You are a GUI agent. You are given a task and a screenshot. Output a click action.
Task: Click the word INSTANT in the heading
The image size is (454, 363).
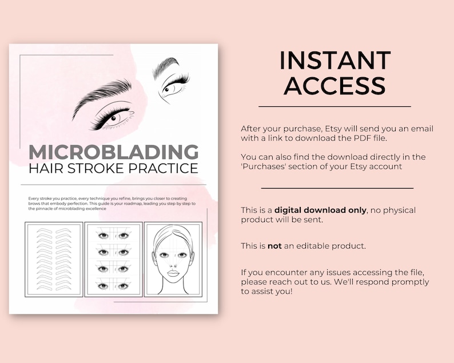[334, 61]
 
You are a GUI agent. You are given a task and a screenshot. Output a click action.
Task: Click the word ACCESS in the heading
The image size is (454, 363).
[334, 85]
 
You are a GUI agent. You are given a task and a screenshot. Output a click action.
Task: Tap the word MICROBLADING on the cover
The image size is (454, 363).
[114, 152]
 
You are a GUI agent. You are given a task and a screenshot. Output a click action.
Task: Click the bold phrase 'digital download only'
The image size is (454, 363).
[320, 210]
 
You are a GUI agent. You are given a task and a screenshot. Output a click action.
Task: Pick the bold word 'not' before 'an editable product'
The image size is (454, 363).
[274, 246]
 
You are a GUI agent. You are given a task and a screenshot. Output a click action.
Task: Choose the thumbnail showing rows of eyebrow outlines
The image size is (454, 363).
[54, 259]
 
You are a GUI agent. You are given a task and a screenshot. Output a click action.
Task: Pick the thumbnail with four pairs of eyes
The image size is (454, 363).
[113, 259]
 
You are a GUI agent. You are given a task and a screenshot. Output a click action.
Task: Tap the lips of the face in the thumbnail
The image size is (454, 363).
[173, 273]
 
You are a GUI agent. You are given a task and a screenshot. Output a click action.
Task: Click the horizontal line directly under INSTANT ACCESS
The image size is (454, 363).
[334, 106]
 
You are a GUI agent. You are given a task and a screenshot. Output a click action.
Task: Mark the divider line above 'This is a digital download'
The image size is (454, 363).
[337, 188]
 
